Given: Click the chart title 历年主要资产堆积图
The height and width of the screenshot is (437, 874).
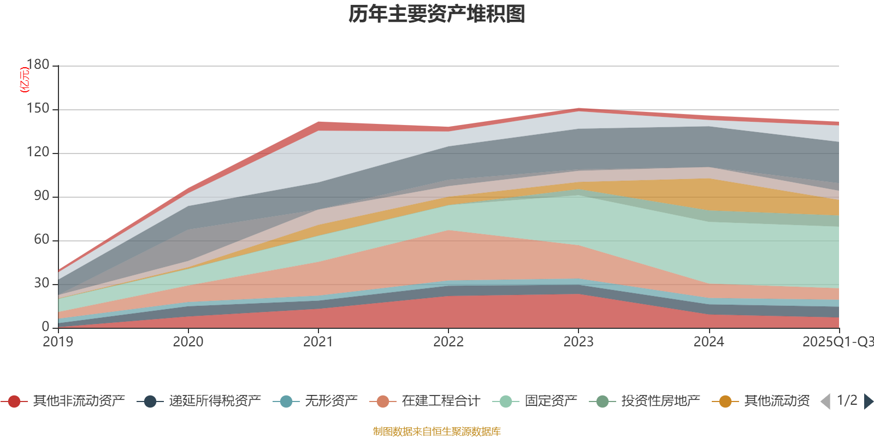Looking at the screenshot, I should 437,14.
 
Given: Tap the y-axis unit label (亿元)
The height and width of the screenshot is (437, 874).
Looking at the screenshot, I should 25,80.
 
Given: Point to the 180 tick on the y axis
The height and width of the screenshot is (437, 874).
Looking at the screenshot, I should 38,65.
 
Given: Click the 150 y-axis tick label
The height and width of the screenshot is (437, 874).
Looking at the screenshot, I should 38,109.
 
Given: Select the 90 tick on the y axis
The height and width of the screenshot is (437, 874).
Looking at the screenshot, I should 41,196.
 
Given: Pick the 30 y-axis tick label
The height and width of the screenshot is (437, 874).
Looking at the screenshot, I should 41,284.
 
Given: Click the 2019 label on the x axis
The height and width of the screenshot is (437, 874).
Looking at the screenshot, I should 58,342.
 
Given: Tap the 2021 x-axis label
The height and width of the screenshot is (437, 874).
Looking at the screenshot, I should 318,342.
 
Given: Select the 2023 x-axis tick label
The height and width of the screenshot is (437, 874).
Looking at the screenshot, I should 578,342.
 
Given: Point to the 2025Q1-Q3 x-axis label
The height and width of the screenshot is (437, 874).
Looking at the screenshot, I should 837,342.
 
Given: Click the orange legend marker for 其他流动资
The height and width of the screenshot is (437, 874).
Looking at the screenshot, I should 725,401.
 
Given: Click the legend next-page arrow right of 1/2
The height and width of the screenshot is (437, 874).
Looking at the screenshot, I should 868,401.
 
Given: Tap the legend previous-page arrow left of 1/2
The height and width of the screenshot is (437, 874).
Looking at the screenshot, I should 825,401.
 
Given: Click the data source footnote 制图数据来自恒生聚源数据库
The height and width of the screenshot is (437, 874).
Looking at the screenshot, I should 437,432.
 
